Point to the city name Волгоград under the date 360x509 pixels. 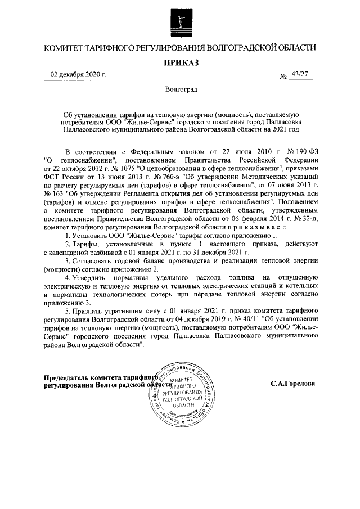[x=181, y=89]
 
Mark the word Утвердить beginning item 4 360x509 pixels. [x=91, y=277]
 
